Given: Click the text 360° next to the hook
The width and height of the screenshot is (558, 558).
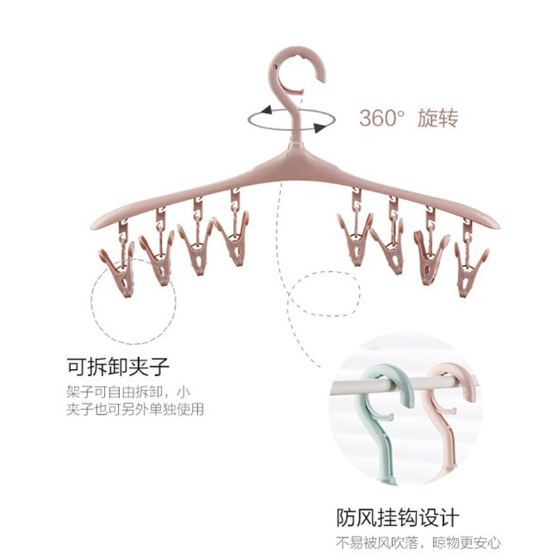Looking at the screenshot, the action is pos(382,117).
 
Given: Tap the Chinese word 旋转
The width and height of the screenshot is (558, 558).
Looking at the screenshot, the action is pos(437,117).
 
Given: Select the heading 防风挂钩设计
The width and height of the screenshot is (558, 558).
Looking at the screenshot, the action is pos(398,518).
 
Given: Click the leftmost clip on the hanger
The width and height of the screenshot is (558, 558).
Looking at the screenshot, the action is pos(118,269).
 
